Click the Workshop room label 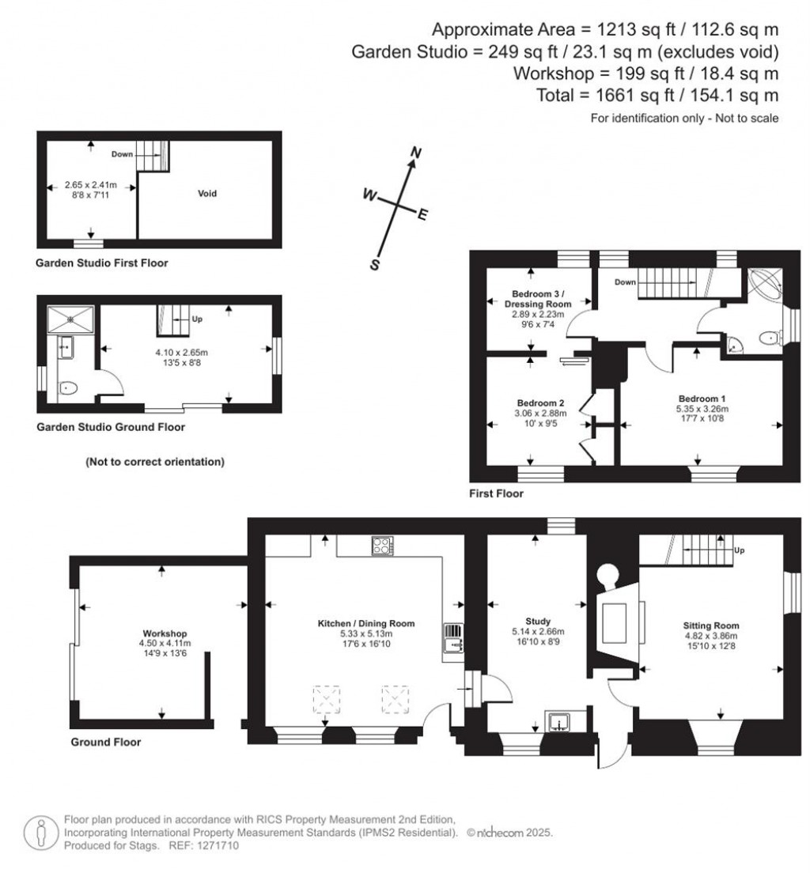pyautogui.click(x=165, y=633)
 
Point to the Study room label pyautogui.click(x=537, y=621)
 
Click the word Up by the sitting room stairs pyautogui.click(x=740, y=550)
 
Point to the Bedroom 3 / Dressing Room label pyautogui.click(x=536, y=298)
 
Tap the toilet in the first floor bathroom pyautogui.click(x=768, y=338)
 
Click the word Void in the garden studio pyautogui.click(x=207, y=193)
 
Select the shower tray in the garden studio pyautogui.click(x=71, y=319)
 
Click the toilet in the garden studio pyautogui.click(x=69, y=387)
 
